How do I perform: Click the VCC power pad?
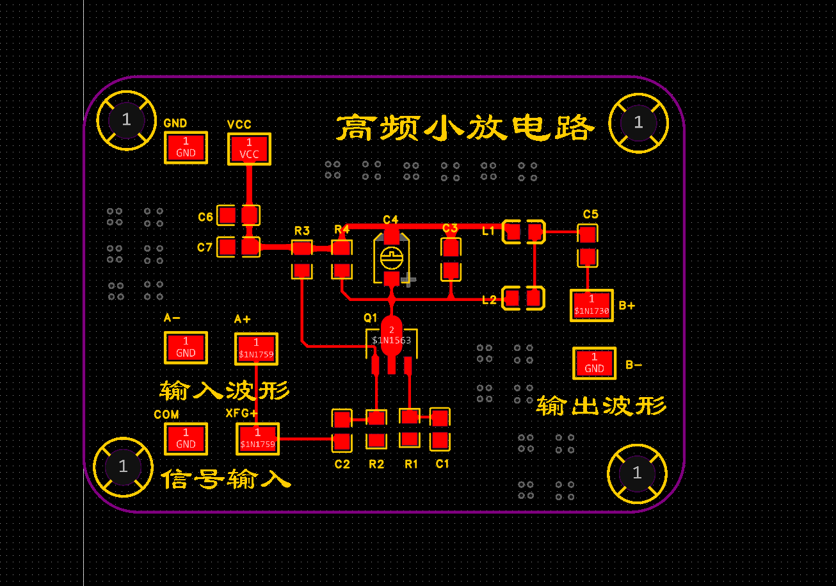click(x=249, y=149)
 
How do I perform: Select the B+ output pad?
click(x=591, y=305)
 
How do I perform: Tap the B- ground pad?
click(x=594, y=363)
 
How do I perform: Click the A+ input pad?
click(x=256, y=348)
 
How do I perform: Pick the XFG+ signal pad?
click(x=257, y=439)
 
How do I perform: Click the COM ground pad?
click(x=186, y=439)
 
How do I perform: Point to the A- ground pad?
click(x=186, y=347)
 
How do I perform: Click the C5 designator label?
click(x=590, y=214)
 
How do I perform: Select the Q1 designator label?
click(x=371, y=318)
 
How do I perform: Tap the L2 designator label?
click(x=489, y=299)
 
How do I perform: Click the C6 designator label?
click(x=205, y=217)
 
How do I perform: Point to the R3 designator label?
click(x=302, y=231)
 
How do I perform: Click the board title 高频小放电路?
click(x=465, y=128)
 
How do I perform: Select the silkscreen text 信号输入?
click(x=225, y=478)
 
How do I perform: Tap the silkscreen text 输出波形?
click(x=601, y=405)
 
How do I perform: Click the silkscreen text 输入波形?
click(x=224, y=389)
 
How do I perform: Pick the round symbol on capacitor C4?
click(x=390, y=258)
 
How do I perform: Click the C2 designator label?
click(x=342, y=464)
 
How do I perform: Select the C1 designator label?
click(x=442, y=464)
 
